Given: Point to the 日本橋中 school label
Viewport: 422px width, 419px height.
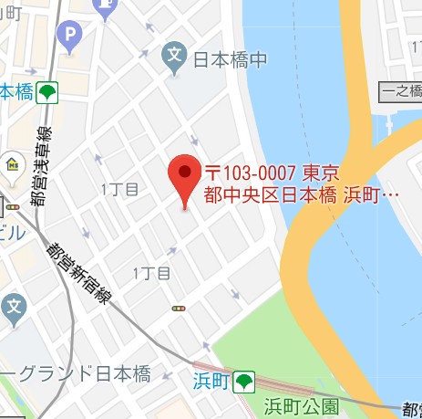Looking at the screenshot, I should [x=231, y=60].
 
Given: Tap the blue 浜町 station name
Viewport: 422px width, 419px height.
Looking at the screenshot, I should [x=208, y=380].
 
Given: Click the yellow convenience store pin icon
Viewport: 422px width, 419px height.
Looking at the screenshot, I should [x=14, y=163].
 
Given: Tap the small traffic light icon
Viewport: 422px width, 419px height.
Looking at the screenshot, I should [x=176, y=309].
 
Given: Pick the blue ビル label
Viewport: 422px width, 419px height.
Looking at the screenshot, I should [x=13, y=232].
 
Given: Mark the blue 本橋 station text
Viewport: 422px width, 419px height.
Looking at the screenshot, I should [x=15, y=92].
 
